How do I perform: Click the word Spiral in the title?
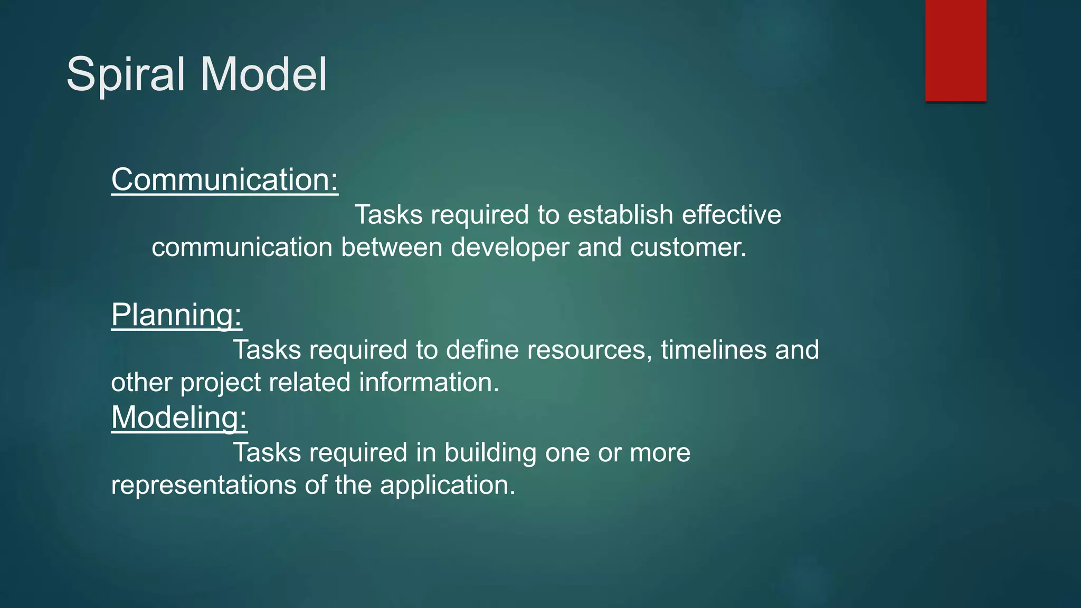point(126,74)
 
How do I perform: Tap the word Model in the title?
point(263,74)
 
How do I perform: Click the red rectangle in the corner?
point(955,50)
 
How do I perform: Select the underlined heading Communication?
point(224,180)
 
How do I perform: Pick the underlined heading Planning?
point(176,315)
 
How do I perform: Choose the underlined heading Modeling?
point(179,417)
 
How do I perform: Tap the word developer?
point(510,248)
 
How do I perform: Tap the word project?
point(221,383)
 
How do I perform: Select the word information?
point(429,383)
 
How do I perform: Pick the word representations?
point(204,485)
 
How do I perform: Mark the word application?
point(447,485)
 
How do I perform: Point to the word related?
point(310,383)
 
